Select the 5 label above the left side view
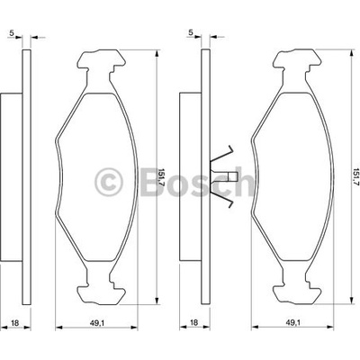pos(12,33)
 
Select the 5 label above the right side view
pos(191,32)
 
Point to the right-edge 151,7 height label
pos(356,177)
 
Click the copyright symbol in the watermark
pos(109,182)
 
